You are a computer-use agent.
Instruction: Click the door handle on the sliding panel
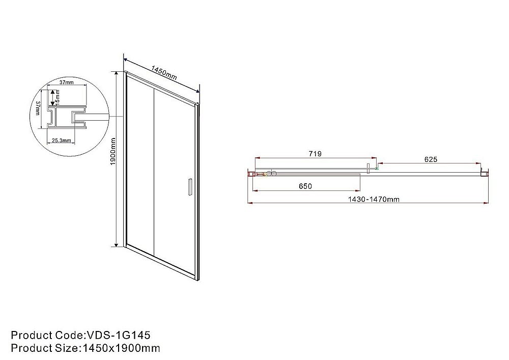(x=189, y=186)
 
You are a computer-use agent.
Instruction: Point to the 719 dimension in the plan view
(x=315, y=153)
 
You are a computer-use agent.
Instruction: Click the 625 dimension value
(x=430, y=159)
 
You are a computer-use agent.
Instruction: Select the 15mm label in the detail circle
(x=58, y=95)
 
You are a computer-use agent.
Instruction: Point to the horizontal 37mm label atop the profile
(x=66, y=82)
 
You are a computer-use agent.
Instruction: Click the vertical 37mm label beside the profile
(x=39, y=108)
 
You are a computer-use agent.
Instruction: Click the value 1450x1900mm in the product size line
(x=120, y=348)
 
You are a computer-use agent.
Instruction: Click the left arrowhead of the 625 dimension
(x=379, y=164)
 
